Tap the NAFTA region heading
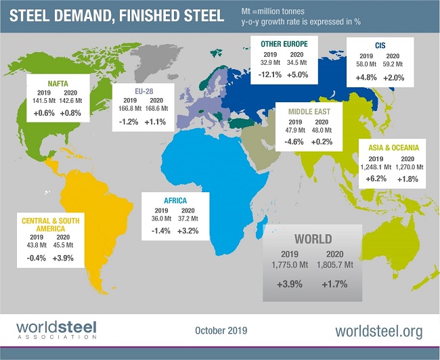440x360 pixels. point(42,83)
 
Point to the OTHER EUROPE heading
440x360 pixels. point(284,45)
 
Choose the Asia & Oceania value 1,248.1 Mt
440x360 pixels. point(375,166)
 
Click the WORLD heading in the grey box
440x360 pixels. point(312,239)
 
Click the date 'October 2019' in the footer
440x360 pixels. point(220,331)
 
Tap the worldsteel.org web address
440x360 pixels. point(379,331)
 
